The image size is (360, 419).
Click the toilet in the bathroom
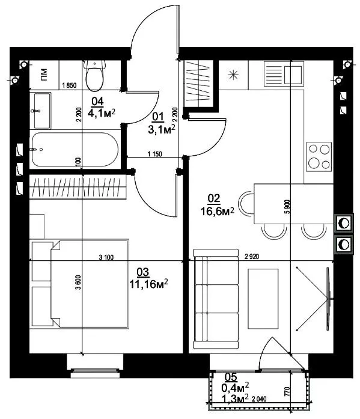pos(94,75)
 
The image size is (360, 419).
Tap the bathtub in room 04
pos(75,150)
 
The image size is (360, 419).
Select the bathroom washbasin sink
pos(42,111)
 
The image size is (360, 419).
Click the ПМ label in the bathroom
pos(44,75)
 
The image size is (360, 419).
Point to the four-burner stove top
pos(319,156)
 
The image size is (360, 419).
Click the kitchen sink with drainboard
pos(284,74)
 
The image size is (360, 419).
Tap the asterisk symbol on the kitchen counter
pos(233,75)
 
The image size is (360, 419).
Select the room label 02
pos(213,198)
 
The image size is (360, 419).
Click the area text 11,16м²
pos(149,284)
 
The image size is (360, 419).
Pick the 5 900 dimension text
pos(287,207)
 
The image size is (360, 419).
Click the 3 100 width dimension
pos(106,257)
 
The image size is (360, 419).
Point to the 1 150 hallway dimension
pos(155,154)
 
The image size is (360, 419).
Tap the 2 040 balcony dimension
pos(259,399)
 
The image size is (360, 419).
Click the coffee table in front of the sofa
pos(263,299)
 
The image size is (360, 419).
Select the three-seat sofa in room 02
pos(216,299)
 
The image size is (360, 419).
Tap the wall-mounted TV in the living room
pos(328,299)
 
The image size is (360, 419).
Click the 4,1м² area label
pos(102,113)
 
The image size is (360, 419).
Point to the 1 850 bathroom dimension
pos(69,85)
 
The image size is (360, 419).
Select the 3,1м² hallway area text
pos(162,129)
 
